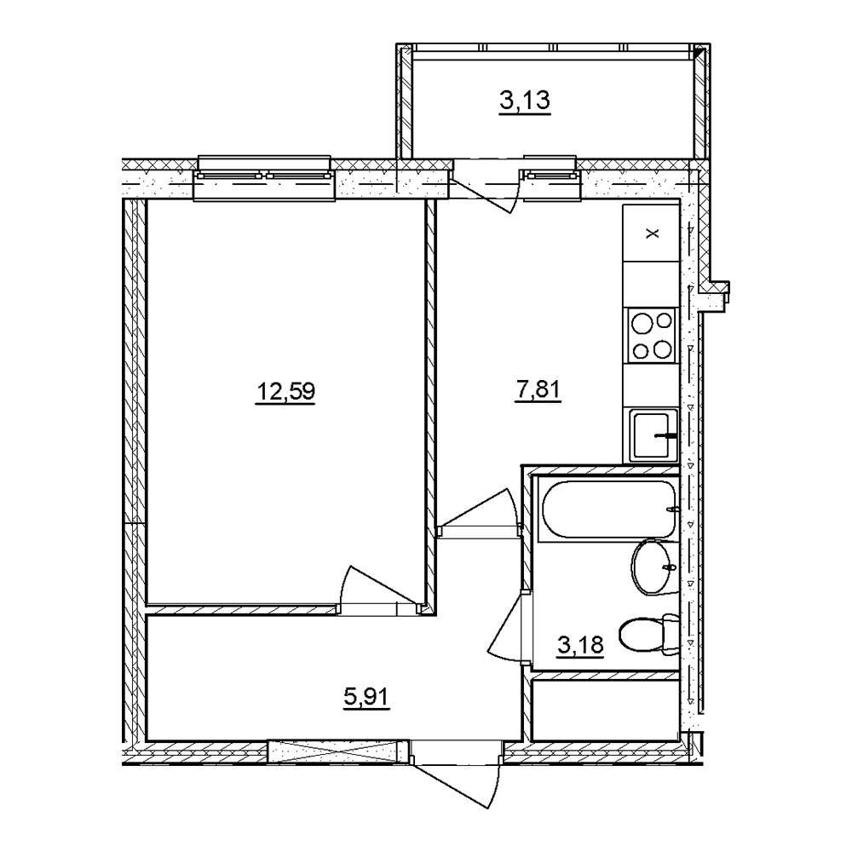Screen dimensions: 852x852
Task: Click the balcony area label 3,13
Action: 525,101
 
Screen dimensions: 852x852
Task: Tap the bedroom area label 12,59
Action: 285,391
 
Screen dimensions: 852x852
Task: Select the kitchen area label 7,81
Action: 538,390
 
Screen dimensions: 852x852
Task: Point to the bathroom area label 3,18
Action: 580,645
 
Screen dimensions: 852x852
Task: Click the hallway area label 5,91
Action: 366,696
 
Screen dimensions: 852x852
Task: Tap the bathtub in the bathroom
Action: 608,509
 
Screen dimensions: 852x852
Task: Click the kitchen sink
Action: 653,435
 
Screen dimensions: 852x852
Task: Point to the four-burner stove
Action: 652,335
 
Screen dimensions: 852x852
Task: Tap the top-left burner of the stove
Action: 642,325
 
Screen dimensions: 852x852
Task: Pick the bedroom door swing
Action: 379,590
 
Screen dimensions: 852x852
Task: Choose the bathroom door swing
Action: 506,625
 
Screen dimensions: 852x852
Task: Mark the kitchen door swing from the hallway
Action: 478,509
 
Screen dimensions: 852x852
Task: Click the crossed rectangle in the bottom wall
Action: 338,751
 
